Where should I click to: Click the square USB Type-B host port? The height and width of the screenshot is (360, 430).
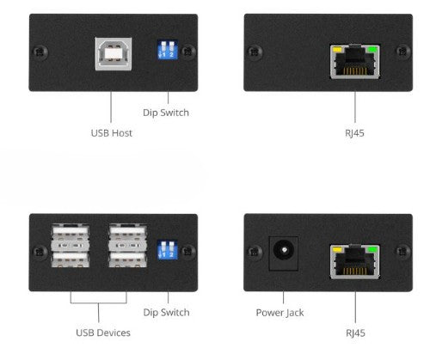(x=112, y=52)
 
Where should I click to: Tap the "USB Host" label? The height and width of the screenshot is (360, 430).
(x=112, y=133)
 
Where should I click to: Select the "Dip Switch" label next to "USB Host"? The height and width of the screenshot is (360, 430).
(x=166, y=112)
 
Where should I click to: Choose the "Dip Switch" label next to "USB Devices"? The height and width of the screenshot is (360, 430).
(x=166, y=312)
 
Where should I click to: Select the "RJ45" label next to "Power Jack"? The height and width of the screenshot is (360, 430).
(x=353, y=333)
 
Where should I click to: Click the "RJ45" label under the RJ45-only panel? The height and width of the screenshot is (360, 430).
(x=353, y=133)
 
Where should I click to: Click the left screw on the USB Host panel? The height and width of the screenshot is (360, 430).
(x=40, y=52)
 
